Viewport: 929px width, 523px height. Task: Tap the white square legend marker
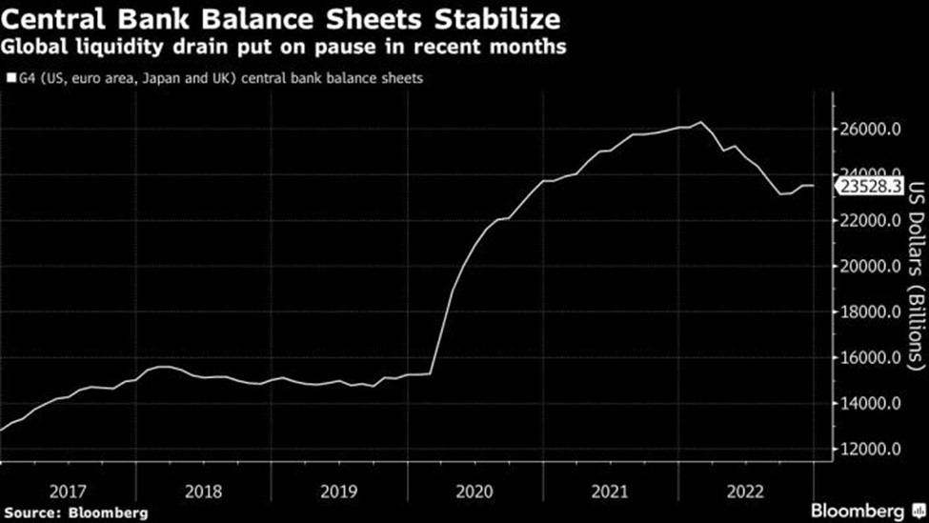10,79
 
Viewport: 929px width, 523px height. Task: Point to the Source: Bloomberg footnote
75,513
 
